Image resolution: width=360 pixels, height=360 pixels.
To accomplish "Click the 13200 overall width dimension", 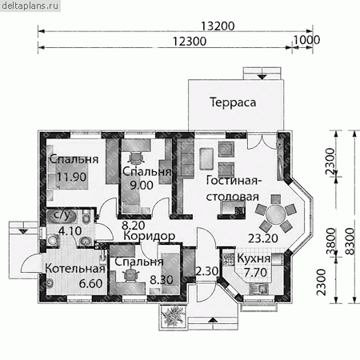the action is (x=218, y=26).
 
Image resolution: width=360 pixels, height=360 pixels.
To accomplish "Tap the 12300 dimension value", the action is (x=190, y=42).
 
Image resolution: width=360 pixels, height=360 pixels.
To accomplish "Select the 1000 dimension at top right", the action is (x=306, y=40).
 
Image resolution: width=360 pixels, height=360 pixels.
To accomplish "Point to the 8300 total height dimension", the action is (x=350, y=241).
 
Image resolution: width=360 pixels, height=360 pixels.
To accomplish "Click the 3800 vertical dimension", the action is (x=331, y=241).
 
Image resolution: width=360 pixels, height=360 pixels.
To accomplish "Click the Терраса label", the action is (x=233, y=102).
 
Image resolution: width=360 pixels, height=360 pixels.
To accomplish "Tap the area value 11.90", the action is (x=71, y=177).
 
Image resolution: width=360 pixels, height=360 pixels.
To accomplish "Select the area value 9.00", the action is (x=142, y=185).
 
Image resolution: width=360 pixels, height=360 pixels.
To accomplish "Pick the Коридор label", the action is (x=150, y=236).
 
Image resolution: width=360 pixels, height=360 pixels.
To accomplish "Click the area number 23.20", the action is (x=263, y=238).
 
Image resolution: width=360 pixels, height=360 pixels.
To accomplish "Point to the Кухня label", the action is (x=254, y=258).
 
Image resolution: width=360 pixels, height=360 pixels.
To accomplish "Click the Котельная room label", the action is (x=75, y=268).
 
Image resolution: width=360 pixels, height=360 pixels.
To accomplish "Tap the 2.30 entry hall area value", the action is (x=207, y=271).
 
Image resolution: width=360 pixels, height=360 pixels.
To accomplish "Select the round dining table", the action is (x=275, y=214).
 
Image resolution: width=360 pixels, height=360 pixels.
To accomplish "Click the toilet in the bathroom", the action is (x=86, y=218).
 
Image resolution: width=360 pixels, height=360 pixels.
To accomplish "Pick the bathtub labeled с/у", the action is (x=62, y=217).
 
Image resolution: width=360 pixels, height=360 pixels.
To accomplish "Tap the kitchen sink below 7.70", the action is (x=258, y=288).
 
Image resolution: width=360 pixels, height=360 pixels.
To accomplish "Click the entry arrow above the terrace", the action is (x=262, y=77).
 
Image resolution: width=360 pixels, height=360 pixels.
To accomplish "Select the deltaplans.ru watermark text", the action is (x=30, y=6).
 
